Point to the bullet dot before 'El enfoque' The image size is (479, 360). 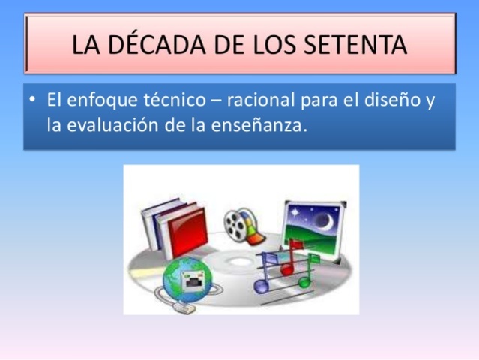33,100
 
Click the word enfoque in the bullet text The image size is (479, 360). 101,100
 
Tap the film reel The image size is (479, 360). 238,221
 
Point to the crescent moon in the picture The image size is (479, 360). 325,220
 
